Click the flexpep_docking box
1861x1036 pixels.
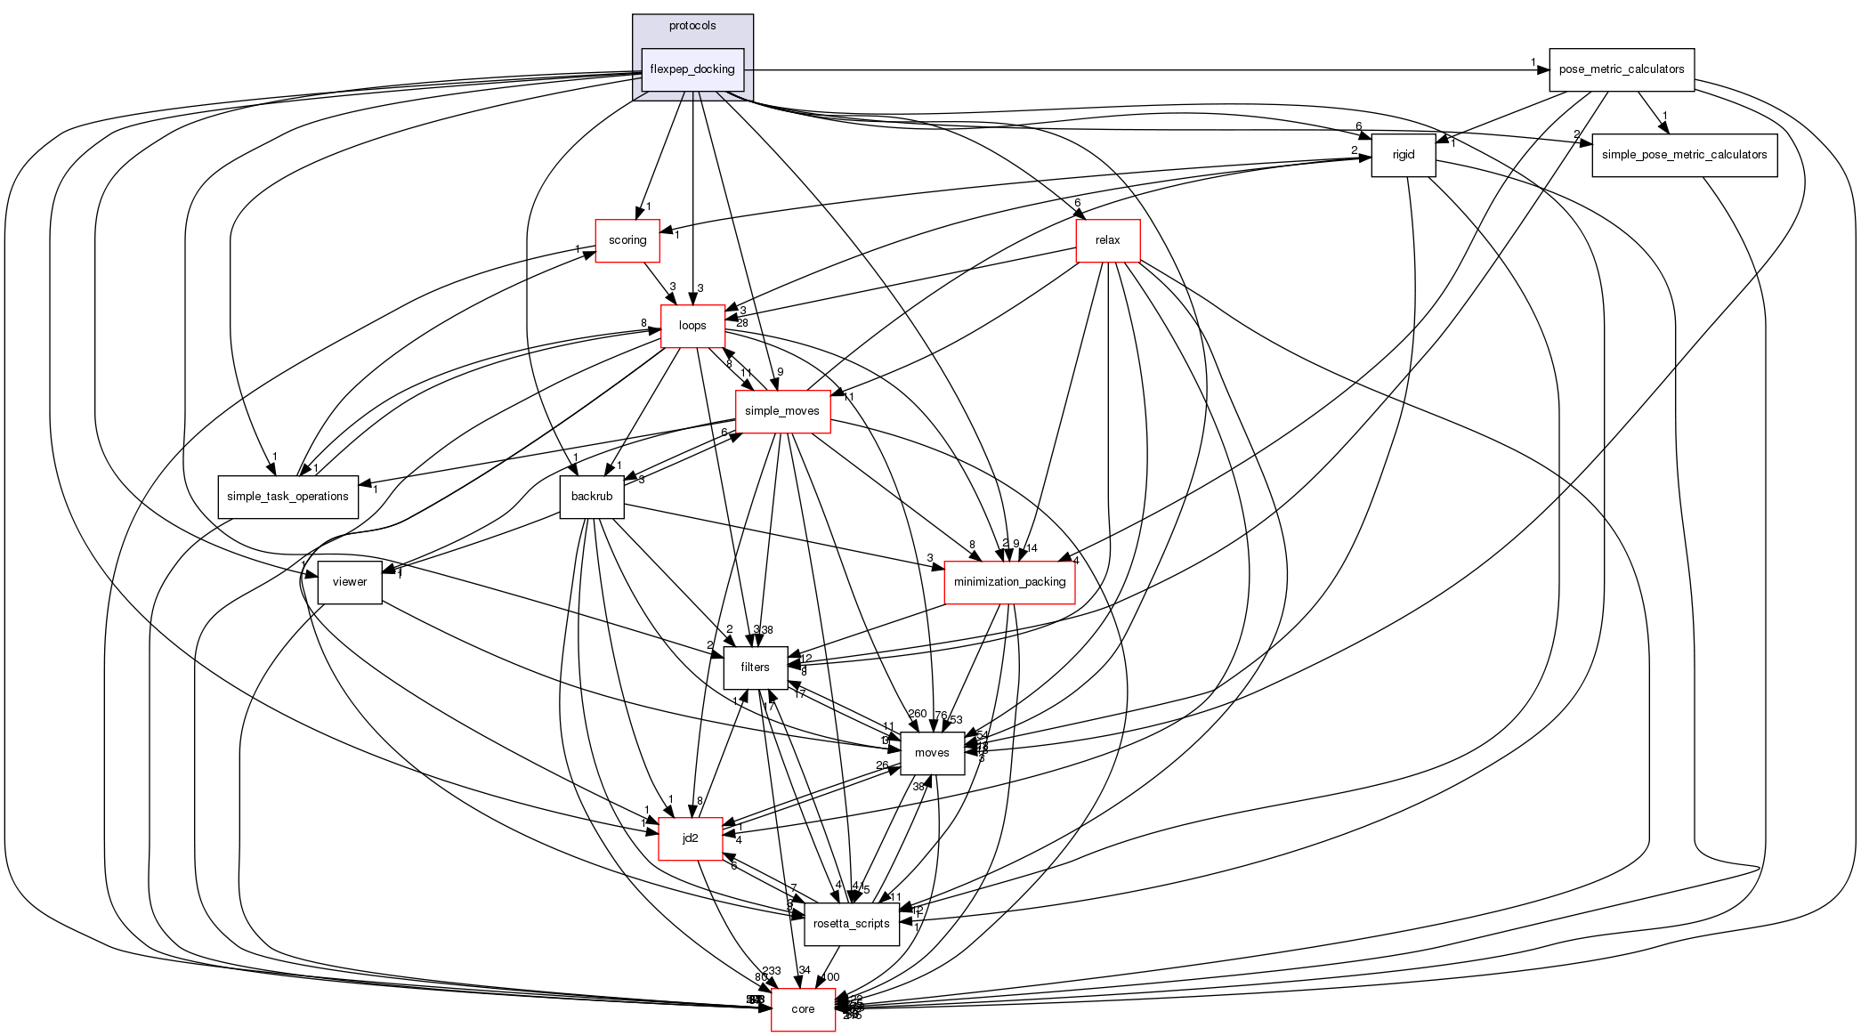692,69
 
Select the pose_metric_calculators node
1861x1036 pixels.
1621,69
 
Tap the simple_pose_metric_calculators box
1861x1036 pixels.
1684,155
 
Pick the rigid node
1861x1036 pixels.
1403,155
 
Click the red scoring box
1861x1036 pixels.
627,240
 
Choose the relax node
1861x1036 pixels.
1107,240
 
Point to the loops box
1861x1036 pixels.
692,326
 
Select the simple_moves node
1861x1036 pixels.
782,411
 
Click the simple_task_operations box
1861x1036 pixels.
287,497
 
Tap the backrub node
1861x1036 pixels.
592,497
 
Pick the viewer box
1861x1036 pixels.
350,582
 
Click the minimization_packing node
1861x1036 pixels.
1009,582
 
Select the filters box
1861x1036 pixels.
755,668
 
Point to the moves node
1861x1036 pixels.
932,753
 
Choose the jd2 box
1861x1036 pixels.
690,838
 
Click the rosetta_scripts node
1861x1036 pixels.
852,924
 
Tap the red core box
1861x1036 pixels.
803,1009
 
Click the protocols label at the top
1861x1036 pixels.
692,26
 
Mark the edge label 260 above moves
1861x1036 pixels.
917,714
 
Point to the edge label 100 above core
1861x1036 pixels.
829,977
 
